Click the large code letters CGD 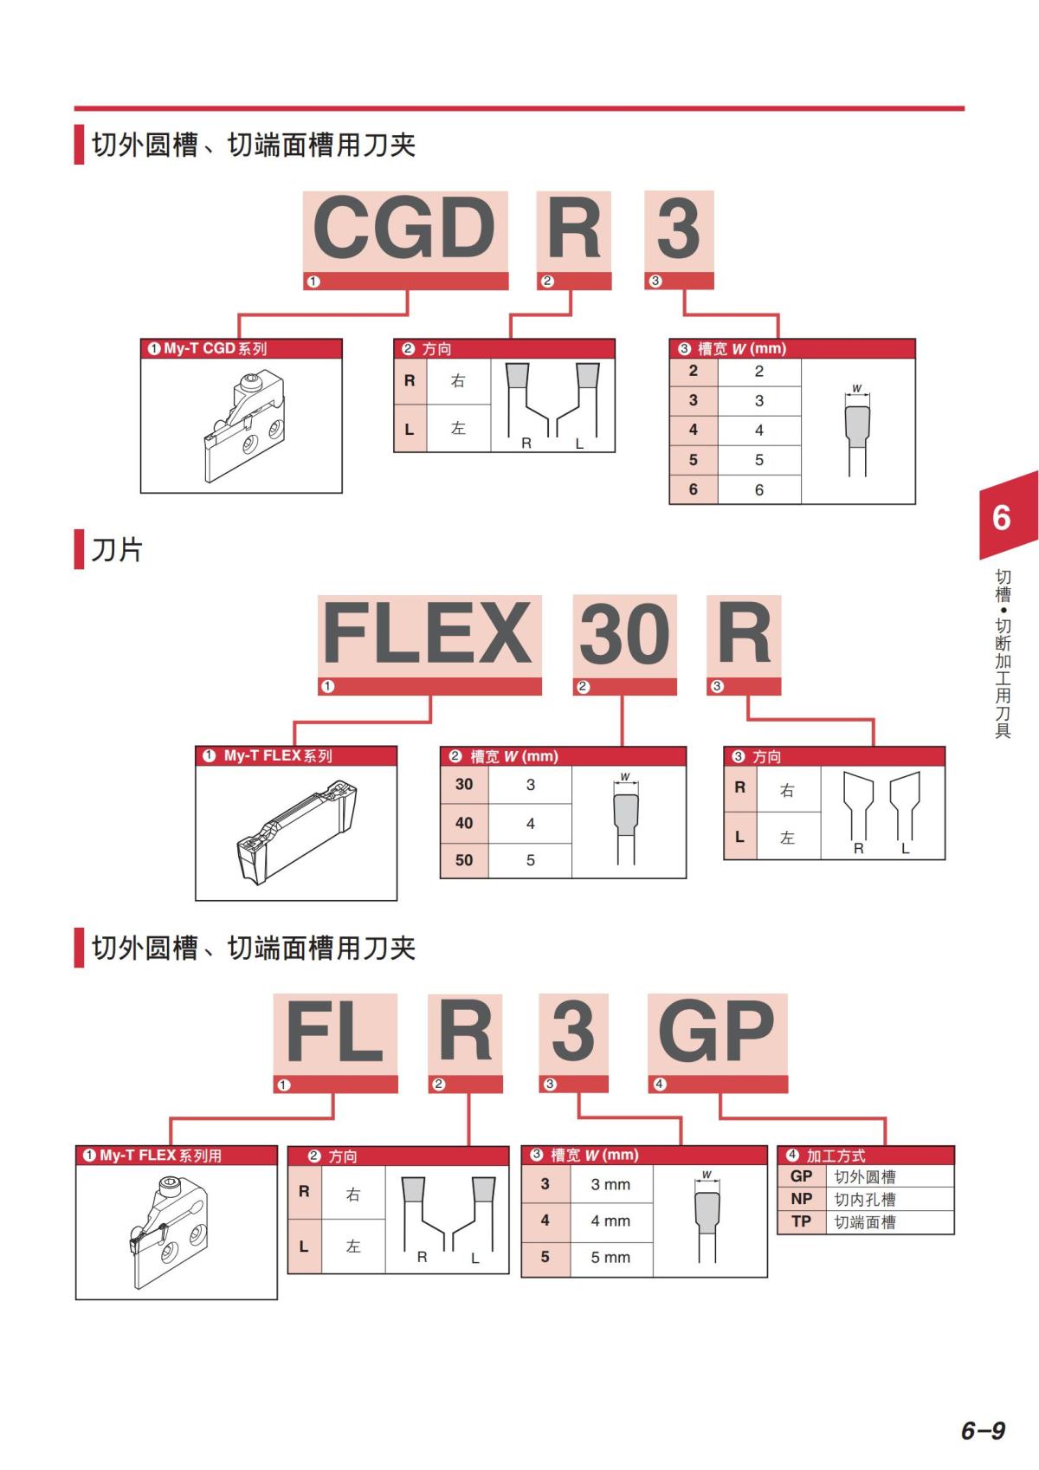pyautogui.click(x=404, y=229)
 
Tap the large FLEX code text pyautogui.click(x=428, y=633)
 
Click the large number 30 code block pyautogui.click(x=624, y=633)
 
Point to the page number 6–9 pyautogui.click(x=983, y=1430)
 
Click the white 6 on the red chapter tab pyautogui.click(x=1001, y=518)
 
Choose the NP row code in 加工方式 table pyautogui.click(x=802, y=1199)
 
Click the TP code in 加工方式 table pyautogui.click(x=802, y=1221)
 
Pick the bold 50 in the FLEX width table pyautogui.click(x=464, y=859)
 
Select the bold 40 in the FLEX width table pyautogui.click(x=464, y=823)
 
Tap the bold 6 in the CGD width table pyautogui.click(x=694, y=489)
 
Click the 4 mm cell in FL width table pyautogui.click(x=610, y=1221)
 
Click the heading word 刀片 pyautogui.click(x=117, y=550)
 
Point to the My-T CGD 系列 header pyautogui.click(x=207, y=348)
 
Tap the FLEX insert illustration pyautogui.click(x=297, y=832)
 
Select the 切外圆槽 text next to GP pyautogui.click(x=864, y=1176)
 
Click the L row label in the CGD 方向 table pyautogui.click(x=410, y=429)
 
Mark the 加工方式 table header pyautogui.click(x=866, y=1155)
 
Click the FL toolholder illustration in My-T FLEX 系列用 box pyautogui.click(x=169, y=1233)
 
